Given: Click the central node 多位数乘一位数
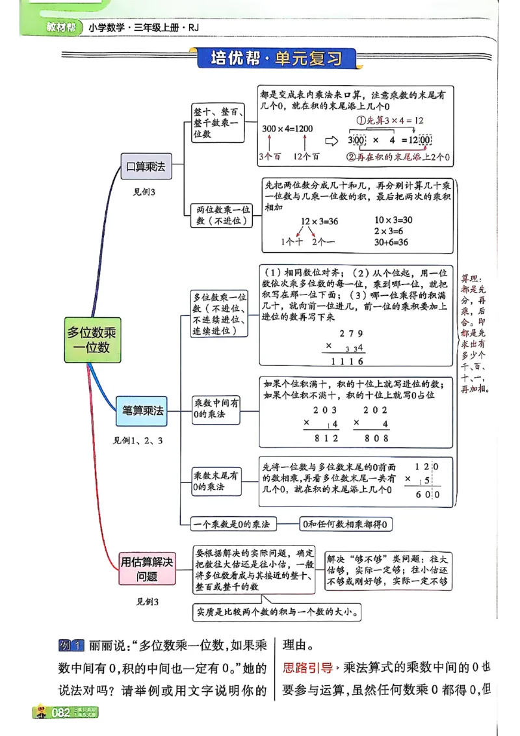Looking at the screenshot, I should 90,340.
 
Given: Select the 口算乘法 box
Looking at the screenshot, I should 146,166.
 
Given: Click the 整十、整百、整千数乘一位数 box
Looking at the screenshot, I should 217,122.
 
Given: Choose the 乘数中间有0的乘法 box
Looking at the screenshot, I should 216,408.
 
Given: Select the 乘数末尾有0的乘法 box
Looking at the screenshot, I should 216,481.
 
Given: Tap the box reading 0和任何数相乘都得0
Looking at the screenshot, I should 346,524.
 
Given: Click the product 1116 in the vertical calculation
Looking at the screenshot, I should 347,361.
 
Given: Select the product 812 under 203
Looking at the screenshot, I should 326,438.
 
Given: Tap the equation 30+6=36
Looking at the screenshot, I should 391,242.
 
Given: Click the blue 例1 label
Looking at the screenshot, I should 71,646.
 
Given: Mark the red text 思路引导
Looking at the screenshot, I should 307,667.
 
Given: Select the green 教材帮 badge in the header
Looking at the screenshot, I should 62,27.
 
